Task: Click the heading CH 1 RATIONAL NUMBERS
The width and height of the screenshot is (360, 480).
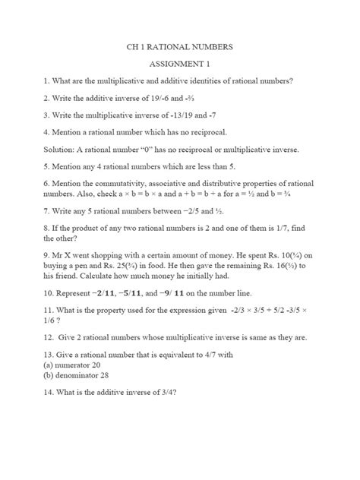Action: click(x=180, y=47)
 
